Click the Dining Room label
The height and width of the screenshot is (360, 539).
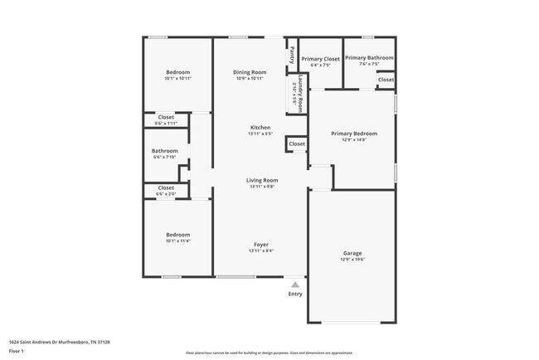[250, 72]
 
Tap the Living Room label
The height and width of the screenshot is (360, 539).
[261, 180]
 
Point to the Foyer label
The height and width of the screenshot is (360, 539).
[260, 245]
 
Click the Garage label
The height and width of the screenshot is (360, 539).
[352, 253]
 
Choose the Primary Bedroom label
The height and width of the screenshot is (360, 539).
[354, 134]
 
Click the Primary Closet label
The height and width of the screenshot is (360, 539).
[320, 59]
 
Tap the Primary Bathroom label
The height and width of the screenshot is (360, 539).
[369, 57]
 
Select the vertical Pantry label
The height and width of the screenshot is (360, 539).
[292, 56]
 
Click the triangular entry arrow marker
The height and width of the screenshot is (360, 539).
[295, 284]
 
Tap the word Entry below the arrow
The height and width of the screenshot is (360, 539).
[295, 294]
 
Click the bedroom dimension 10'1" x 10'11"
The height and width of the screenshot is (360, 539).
[177, 79]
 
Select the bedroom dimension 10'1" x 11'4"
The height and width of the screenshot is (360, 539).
[177, 241]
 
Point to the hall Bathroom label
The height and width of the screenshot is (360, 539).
[164, 151]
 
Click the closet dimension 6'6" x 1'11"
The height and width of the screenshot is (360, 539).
[166, 124]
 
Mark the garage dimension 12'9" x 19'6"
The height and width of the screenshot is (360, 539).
[352, 260]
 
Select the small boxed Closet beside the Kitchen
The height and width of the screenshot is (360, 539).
[297, 144]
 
